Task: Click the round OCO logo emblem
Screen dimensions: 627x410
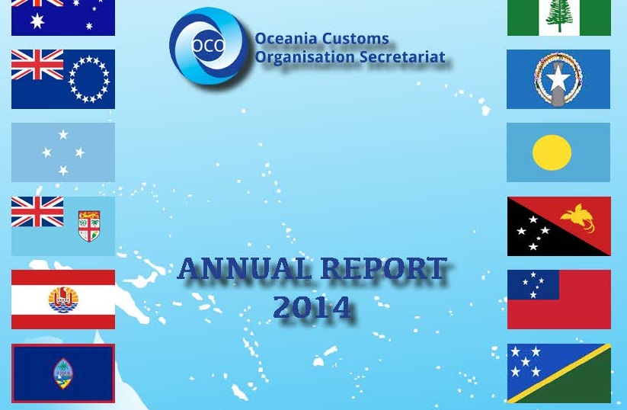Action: [x=208, y=46]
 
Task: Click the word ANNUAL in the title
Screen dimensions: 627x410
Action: [x=245, y=268]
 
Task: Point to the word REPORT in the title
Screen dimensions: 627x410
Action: [x=384, y=268]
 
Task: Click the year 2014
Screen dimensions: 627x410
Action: [x=312, y=307]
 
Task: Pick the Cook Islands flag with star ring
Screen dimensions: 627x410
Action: [x=63, y=79]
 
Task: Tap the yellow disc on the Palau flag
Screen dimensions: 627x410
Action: [x=552, y=152]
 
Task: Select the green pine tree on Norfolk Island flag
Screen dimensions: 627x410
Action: [x=559, y=16]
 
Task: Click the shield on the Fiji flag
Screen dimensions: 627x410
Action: [x=89, y=226]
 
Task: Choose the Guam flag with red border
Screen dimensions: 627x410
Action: [x=63, y=373]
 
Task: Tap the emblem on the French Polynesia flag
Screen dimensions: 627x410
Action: [x=63, y=299]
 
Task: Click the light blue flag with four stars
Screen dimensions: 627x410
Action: [x=63, y=152]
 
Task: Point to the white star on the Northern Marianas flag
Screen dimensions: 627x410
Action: [x=558, y=78]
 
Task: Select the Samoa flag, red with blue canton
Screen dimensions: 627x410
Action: [x=559, y=299]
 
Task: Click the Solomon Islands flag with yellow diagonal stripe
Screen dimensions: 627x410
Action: [x=559, y=373]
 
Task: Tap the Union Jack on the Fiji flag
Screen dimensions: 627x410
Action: [x=37, y=212]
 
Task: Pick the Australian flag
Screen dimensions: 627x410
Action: [x=63, y=18]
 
